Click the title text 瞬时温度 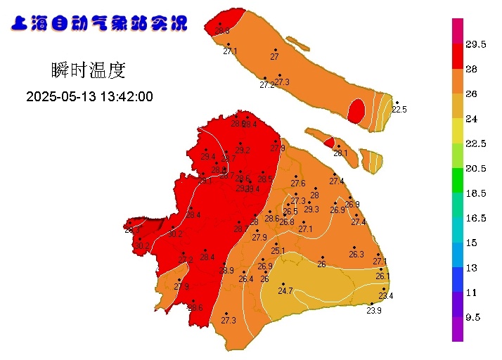tap(88, 70)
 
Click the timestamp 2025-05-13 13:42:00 tap(89, 97)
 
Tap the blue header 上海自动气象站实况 tap(99, 24)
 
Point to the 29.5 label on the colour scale tap(476, 44)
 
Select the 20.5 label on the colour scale tap(476, 168)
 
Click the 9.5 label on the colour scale tap(473, 317)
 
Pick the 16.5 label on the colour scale tap(476, 218)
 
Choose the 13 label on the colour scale tap(471, 268)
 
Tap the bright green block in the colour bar tap(458, 181)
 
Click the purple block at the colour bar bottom tap(458, 329)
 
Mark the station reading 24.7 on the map tap(285, 290)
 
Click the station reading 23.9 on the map tap(374, 311)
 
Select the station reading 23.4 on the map tap(385, 295)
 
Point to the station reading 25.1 tap(278, 250)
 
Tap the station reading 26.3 tap(356, 255)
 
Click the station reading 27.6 tap(298, 183)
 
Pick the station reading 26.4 tap(245, 279)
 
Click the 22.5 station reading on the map tap(399, 109)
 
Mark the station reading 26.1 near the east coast tap(382, 276)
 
